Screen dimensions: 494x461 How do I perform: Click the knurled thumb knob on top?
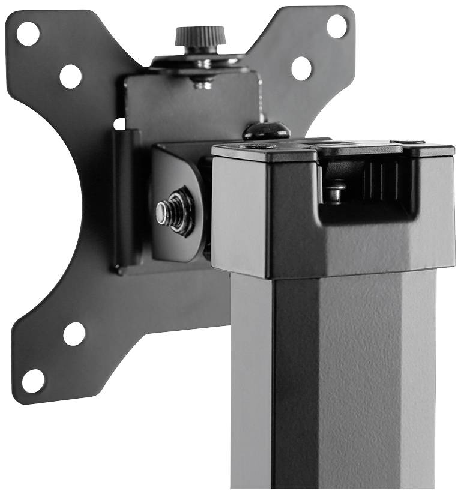pos(192,37)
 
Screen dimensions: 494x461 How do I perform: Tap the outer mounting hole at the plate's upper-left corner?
pos(28,33)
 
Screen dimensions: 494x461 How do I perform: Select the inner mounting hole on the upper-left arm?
pos(70,76)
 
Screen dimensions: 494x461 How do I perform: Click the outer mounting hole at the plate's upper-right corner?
pos(337,26)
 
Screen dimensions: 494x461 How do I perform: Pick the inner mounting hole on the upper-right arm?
pos(301,68)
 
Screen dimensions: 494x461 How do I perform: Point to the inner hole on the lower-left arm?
pos(74,334)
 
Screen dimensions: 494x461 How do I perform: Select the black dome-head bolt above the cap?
pos(266,130)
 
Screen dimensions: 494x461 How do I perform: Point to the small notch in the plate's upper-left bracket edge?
pos(119,124)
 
